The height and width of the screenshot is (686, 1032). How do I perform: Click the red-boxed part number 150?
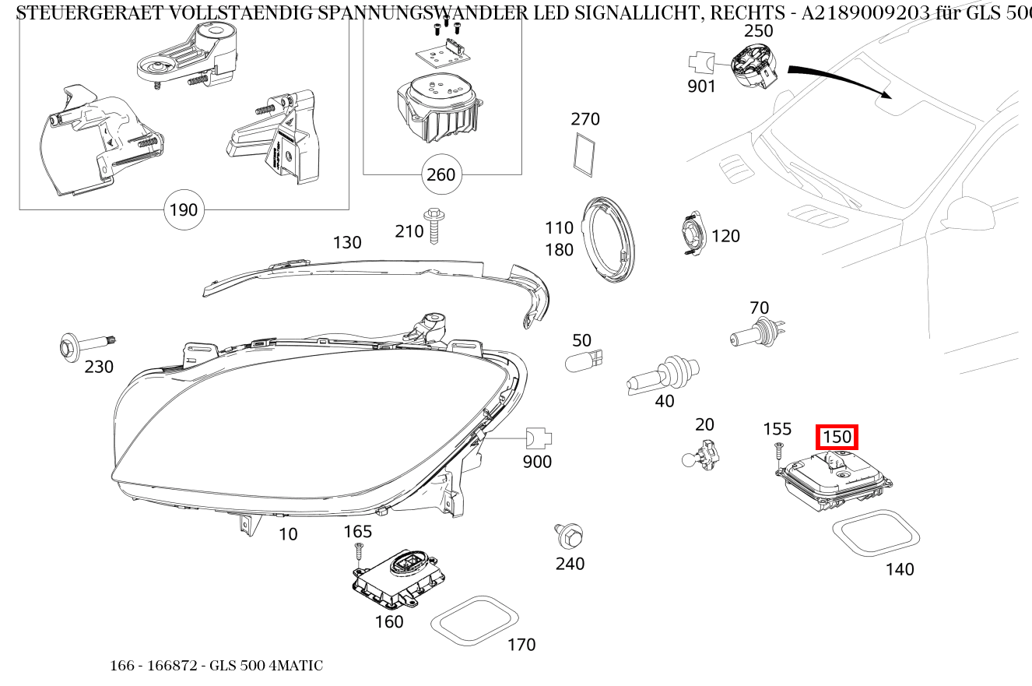tap(837, 437)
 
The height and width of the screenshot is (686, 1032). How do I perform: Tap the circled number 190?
tap(184, 209)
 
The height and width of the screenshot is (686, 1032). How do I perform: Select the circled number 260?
tap(441, 174)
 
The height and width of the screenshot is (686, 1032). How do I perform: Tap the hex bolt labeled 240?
tap(570, 535)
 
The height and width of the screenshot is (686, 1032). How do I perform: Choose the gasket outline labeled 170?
tap(475, 621)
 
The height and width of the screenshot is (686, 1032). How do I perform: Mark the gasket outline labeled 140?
tap(876, 533)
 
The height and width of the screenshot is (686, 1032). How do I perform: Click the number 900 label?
tap(537, 462)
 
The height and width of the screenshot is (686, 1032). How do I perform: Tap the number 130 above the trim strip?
tap(347, 242)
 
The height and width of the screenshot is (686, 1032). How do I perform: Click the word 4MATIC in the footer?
tap(297, 666)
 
